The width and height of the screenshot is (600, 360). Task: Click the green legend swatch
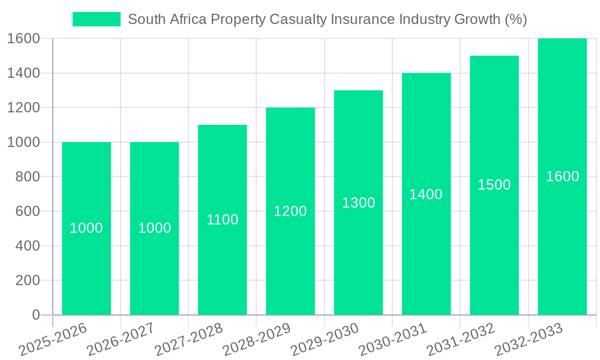96,19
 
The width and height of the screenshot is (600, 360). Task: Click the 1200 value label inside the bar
290,211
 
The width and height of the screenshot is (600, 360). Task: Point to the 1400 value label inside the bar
426,194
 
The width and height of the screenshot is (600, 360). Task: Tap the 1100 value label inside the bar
222,220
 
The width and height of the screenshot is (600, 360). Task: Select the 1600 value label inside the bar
562,176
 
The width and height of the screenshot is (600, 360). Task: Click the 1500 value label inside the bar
494,185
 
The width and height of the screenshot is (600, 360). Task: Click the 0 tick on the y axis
35,315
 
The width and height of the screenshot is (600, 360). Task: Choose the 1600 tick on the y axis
23,38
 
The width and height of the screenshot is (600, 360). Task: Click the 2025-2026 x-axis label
53,339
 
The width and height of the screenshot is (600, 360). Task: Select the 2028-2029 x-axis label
257,339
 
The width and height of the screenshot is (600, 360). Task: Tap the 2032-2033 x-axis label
529,339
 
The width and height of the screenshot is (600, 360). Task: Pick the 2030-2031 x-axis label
393,339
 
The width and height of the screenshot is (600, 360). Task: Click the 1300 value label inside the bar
358,203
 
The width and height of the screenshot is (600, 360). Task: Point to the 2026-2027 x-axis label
121,339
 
